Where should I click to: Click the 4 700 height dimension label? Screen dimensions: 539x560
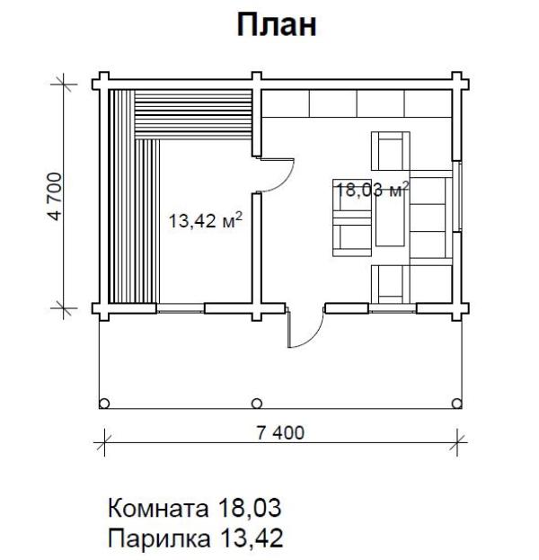(x=56, y=196)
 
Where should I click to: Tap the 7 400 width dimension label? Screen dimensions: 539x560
(x=280, y=433)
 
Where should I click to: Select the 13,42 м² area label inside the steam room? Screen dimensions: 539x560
(x=205, y=220)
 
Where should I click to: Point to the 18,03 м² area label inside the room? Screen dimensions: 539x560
(x=373, y=190)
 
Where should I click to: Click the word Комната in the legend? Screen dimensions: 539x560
(x=158, y=508)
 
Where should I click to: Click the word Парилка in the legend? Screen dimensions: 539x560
(x=159, y=538)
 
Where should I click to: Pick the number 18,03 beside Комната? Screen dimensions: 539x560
(x=250, y=508)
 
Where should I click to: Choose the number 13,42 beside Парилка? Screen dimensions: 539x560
(x=252, y=538)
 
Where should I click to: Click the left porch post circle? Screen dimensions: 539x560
(x=104, y=404)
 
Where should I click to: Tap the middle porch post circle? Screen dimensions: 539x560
(x=257, y=404)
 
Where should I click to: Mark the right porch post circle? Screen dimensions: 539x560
(x=456, y=404)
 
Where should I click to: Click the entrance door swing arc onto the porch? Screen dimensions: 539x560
(x=314, y=336)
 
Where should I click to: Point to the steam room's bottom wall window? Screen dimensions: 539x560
(x=181, y=308)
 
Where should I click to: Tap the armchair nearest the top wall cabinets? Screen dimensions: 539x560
(x=391, y=151)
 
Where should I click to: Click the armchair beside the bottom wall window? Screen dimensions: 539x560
(x=391, y=284)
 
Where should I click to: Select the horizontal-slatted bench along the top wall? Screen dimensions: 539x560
(x=193, y=114)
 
